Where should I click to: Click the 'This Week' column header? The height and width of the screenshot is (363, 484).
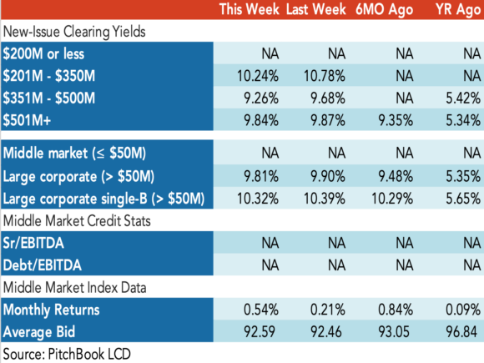[250, 9]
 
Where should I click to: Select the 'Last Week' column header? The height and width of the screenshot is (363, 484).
[315, 9]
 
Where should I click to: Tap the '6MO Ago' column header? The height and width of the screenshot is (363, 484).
[384, 10]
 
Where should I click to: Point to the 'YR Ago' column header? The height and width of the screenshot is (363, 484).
[458, 10]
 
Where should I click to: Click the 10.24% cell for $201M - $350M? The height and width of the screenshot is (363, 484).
[258, 76]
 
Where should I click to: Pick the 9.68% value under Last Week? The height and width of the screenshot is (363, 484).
[328, 98]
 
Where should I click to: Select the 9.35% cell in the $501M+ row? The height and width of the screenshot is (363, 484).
[396, 120]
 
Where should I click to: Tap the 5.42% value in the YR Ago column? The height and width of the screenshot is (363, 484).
[463, 98]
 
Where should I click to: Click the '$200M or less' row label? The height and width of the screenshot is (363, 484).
[43, 54]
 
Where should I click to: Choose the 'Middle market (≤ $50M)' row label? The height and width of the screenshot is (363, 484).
[74, 153]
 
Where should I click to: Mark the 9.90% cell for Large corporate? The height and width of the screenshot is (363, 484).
[328, 177]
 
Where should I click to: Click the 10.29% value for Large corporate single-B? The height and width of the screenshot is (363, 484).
[392, 199]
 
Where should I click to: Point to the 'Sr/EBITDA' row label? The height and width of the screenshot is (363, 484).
[33, 243]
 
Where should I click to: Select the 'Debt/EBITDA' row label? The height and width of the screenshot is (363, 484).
[43, 265]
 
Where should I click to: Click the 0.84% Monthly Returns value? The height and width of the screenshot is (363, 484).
[396, 310]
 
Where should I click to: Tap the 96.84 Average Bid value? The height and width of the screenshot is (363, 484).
[461, 332]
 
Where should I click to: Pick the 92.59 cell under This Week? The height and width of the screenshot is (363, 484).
[260, 332]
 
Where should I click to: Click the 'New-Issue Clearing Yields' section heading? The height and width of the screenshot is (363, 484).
[74, 32]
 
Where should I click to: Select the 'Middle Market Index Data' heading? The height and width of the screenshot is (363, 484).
[75, 288]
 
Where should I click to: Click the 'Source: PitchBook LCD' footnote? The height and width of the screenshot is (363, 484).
[67, 354]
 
